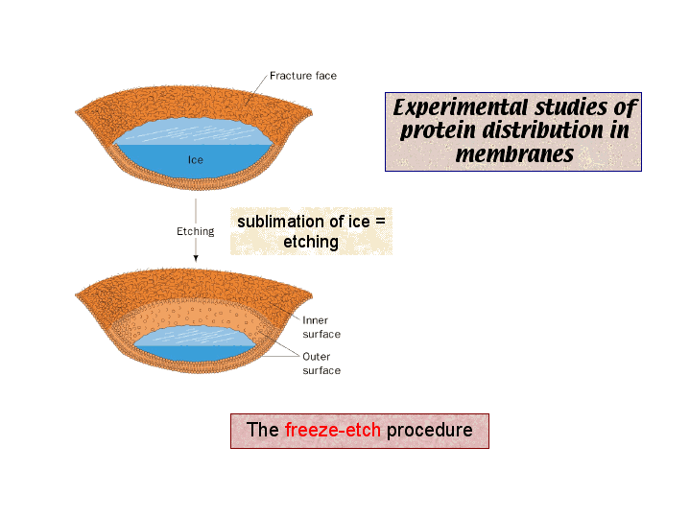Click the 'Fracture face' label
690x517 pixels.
pos(303,76)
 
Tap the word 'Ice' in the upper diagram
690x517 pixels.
pos(196,160)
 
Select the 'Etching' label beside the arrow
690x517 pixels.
pos(196,231)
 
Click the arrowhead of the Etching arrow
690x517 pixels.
pos(196,258)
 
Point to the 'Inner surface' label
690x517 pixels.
pos(321,327)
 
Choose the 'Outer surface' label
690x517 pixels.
pos(321,364)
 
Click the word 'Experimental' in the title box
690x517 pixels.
pos(461,107)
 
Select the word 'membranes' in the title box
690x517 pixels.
pos(514,154)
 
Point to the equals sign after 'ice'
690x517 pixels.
pos(381,222)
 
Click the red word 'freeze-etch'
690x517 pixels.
pos(333,430)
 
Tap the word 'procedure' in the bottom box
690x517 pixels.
pos(430,431)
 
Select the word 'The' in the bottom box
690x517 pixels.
pos(263,430)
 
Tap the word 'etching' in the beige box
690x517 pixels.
pos(311,242)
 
